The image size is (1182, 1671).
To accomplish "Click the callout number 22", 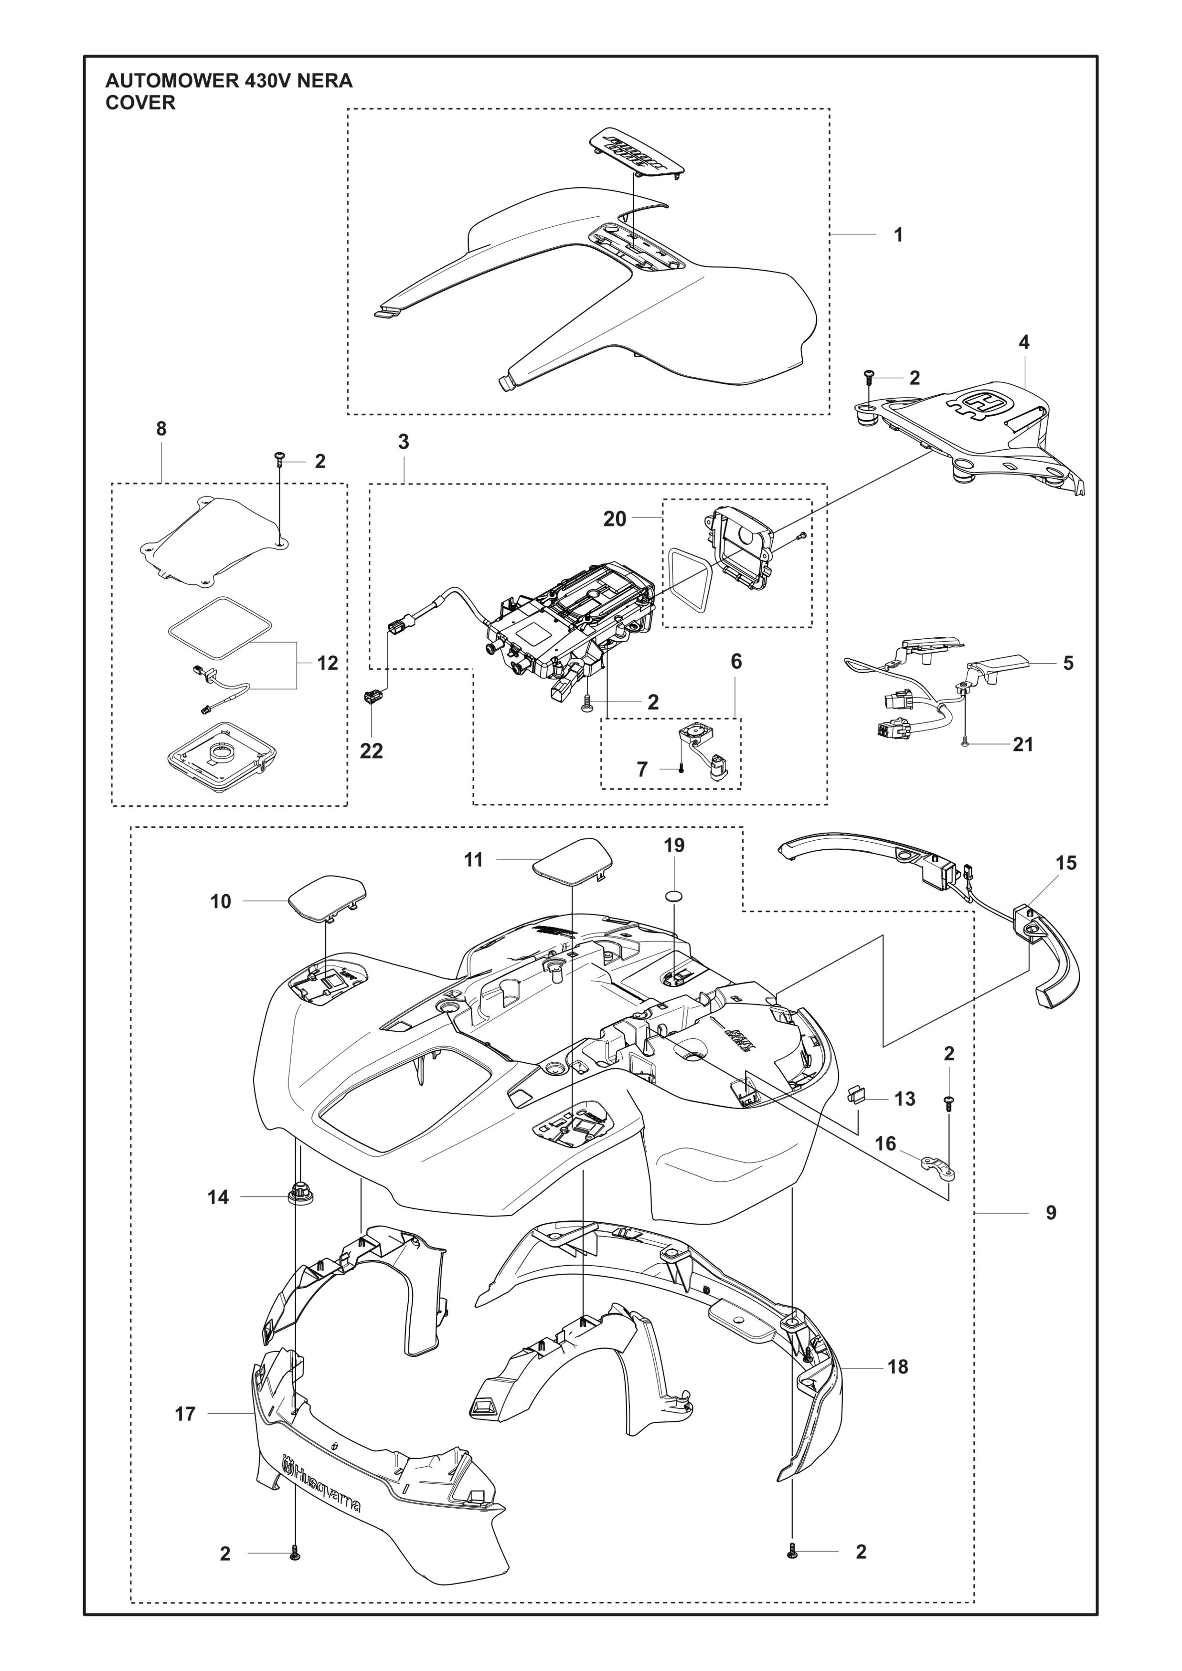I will pyautogui.click(x=371, y=751).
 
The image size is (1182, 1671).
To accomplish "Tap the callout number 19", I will pyautogui.click(x=674, y=845).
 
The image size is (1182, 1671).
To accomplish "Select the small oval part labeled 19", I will pyautogui.click(x=675, y=894).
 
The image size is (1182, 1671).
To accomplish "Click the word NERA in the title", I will pyautogui.click(x=324, y=81).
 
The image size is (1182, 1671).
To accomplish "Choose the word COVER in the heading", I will pyautogui.click(x=140, y=103).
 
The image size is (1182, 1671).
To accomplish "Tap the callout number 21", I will pyautogui.click(x=1022, y=744).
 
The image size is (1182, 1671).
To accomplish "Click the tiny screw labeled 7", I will pyautogui.click(x=681, y=769).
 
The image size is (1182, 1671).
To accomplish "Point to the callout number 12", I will pyautogui.click(x=328, y=663).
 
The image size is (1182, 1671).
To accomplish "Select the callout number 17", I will pyautogui.click(x=186, y=1414).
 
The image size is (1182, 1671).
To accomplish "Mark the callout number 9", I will pyautogui.click(x=1050, y=1213).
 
